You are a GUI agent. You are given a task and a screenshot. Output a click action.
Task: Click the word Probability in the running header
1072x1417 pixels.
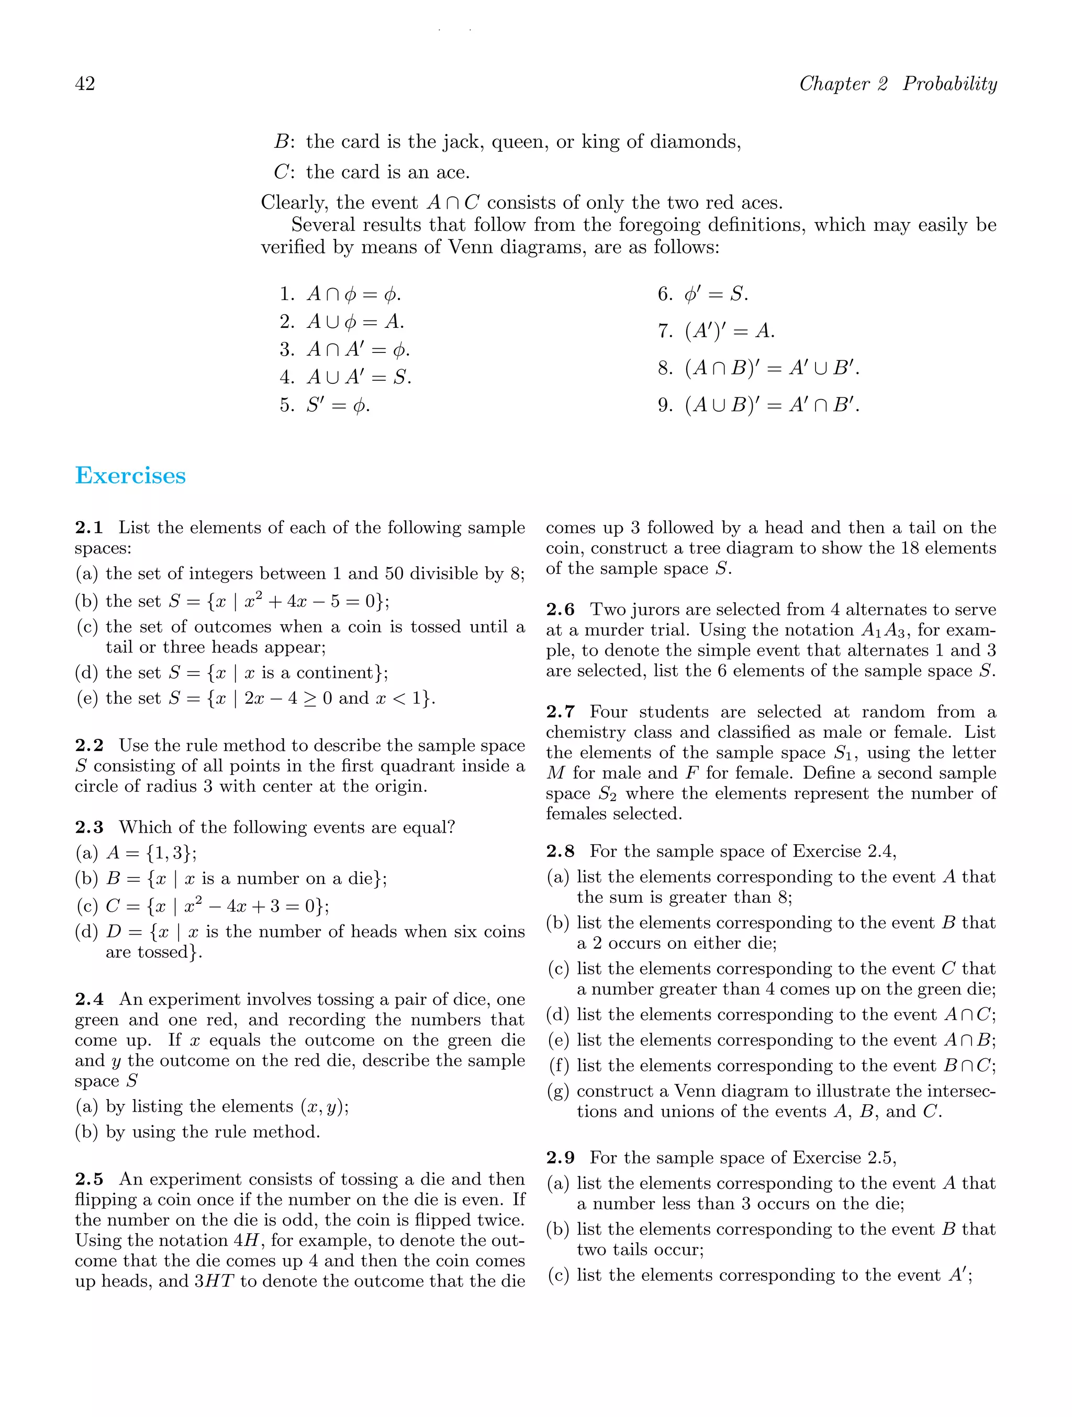[x=950, y=84]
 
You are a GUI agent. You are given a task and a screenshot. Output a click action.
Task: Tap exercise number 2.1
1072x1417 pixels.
[x=89, y=528]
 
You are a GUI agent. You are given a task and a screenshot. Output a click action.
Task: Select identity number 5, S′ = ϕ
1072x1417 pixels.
[x=325, y=405]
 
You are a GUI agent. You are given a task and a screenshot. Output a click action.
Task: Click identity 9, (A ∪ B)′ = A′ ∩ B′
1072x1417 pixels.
[x=759, y=405]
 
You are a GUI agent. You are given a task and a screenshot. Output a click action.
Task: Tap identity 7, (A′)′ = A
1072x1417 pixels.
[x=717, y=331]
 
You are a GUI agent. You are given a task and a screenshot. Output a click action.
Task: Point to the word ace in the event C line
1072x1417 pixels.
[x=453, y=172]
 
